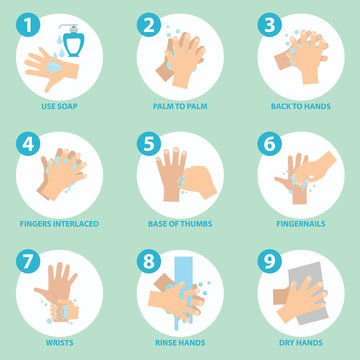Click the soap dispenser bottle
pos(73,39)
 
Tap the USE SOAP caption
pos(59,104)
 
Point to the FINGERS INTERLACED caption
pos(59,223)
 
